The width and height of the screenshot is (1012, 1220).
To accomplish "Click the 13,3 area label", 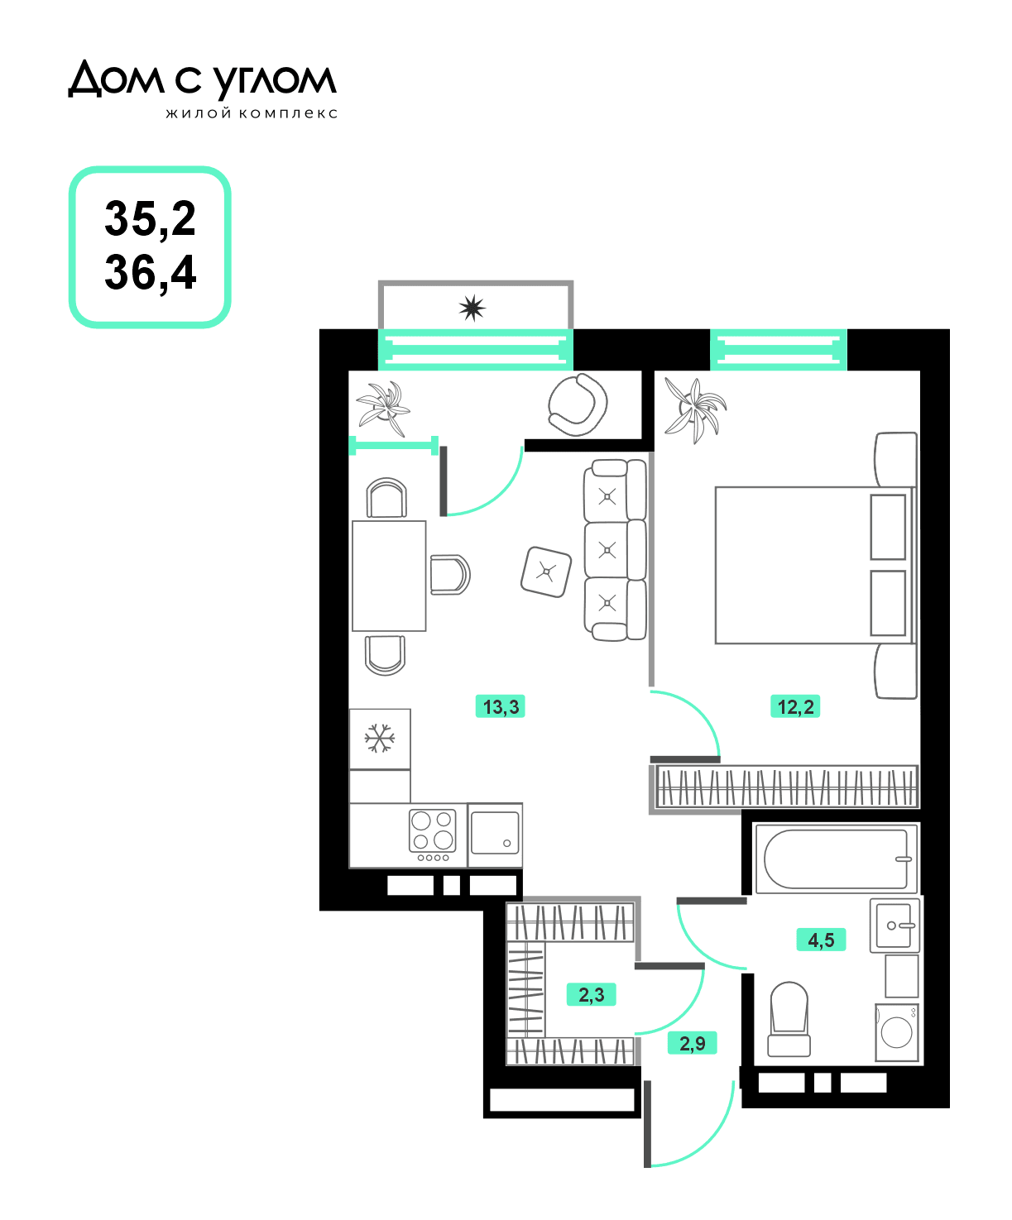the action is (500, 706).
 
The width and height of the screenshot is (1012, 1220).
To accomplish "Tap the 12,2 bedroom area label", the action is (795, 706).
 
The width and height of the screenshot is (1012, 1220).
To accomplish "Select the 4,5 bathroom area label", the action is (821, 940).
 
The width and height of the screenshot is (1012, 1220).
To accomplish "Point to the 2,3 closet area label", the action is (591, 994).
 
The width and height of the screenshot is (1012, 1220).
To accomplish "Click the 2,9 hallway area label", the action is (693, 1043).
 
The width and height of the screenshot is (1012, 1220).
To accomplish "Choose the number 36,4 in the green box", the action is (151, 273).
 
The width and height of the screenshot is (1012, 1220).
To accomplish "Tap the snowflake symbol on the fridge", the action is (380, 738).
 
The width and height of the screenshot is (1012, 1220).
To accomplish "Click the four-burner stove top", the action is (432, 835).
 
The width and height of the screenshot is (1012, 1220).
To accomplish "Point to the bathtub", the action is (837, 859).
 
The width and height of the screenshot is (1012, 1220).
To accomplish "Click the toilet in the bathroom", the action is (789, 1019).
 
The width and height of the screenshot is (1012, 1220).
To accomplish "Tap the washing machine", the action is (897, 1032).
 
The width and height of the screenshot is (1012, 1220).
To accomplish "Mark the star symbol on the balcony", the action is (472, 308).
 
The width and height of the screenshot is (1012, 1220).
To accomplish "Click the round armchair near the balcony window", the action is (578, 405).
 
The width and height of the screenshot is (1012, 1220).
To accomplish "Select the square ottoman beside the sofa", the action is (546, 572).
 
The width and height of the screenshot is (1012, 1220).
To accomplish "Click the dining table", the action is (389, 577).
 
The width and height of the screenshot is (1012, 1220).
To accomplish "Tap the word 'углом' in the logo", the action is (274, 81).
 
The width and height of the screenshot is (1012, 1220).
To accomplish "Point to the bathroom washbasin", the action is (894, 926).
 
